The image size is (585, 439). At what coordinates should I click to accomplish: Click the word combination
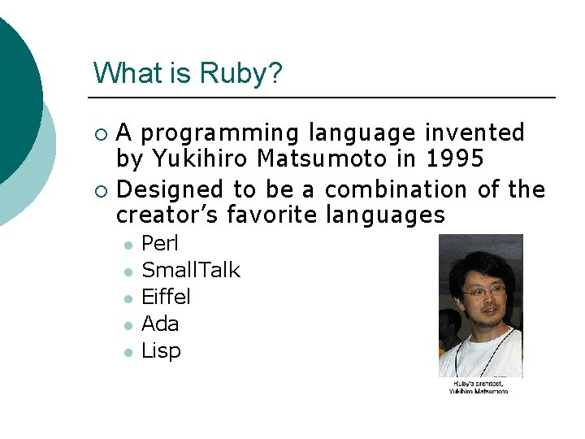point(396,190)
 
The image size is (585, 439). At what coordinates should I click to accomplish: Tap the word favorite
point(272,215)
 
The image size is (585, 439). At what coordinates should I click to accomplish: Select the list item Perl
point(160,243)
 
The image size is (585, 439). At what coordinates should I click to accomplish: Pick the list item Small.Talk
point(191,270)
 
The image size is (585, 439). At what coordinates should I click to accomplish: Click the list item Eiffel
point(166,297)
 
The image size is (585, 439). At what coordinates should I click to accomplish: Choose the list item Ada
point(160,324)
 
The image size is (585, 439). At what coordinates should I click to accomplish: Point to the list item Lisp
point(161,350)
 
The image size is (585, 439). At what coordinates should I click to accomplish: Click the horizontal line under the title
point(325,98)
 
